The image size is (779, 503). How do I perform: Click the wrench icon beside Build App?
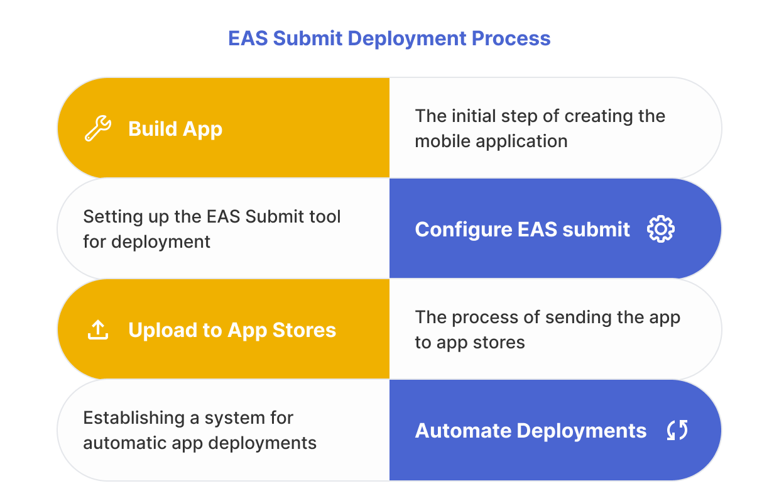(x=98, y=129)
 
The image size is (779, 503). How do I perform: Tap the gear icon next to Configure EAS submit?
(x=660, y=229)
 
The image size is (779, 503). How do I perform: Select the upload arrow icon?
(x=98, y=330)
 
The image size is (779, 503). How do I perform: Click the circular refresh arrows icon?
(x=677, y=431)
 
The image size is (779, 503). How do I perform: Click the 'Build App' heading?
(x=175, y=129)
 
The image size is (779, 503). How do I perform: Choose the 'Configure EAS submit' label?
(x=522, y=229)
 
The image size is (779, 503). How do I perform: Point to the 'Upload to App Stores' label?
(x=232, y=330)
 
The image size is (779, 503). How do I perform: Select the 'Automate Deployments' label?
(x=530, y=431)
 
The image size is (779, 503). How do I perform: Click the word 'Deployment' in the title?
(x=406, y=38)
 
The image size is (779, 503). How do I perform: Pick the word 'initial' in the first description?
(x=474, y=116)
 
